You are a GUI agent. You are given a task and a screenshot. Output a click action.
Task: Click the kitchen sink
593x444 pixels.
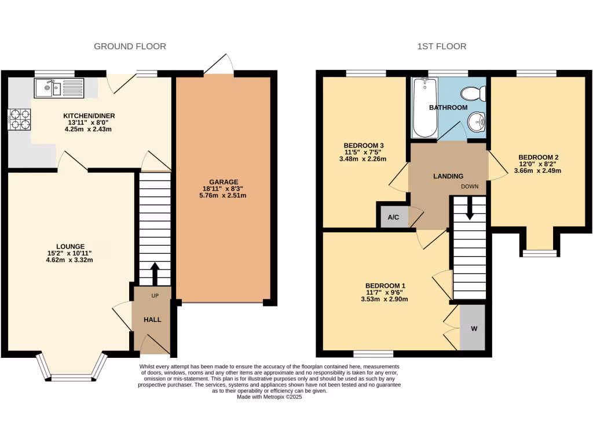[x=59, y=88]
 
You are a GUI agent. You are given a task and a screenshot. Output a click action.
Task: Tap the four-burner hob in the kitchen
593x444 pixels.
[x=19, y=119]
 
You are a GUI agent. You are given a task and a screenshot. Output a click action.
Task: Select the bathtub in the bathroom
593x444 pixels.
[x=425, y=108]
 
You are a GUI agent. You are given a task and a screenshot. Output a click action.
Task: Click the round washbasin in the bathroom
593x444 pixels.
[x=477, y=122]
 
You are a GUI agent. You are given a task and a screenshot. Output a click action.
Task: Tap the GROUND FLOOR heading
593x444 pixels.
[x=130, y=46]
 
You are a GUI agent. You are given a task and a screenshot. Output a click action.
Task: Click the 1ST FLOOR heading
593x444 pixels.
[x=442, y=46]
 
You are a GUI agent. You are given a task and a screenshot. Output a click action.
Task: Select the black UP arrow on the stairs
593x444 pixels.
[x=155, y=273]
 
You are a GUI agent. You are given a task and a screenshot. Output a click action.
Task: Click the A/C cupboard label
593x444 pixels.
[x=393, y=217]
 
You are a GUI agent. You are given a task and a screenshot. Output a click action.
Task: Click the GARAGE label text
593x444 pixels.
[x=224, y=182]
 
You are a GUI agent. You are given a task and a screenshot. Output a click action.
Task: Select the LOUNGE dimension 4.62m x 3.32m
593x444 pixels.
[x=69, y=260]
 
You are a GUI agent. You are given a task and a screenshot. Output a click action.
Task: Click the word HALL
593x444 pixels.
[x=152, y=320]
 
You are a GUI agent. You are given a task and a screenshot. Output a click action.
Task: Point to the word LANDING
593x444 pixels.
[x=448, y=176]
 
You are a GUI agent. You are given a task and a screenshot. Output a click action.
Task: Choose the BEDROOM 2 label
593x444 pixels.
[x=539, y=157]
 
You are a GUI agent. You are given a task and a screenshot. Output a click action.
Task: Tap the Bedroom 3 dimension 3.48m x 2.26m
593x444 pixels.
[x=363, y=159]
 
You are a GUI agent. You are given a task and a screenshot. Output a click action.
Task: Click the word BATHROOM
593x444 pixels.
[x=448, y=108]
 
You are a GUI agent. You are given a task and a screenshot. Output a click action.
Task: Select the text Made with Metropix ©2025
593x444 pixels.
[x=269, y=397]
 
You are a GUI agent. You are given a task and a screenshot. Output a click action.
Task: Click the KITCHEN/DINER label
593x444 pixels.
[x=89, y=116]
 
